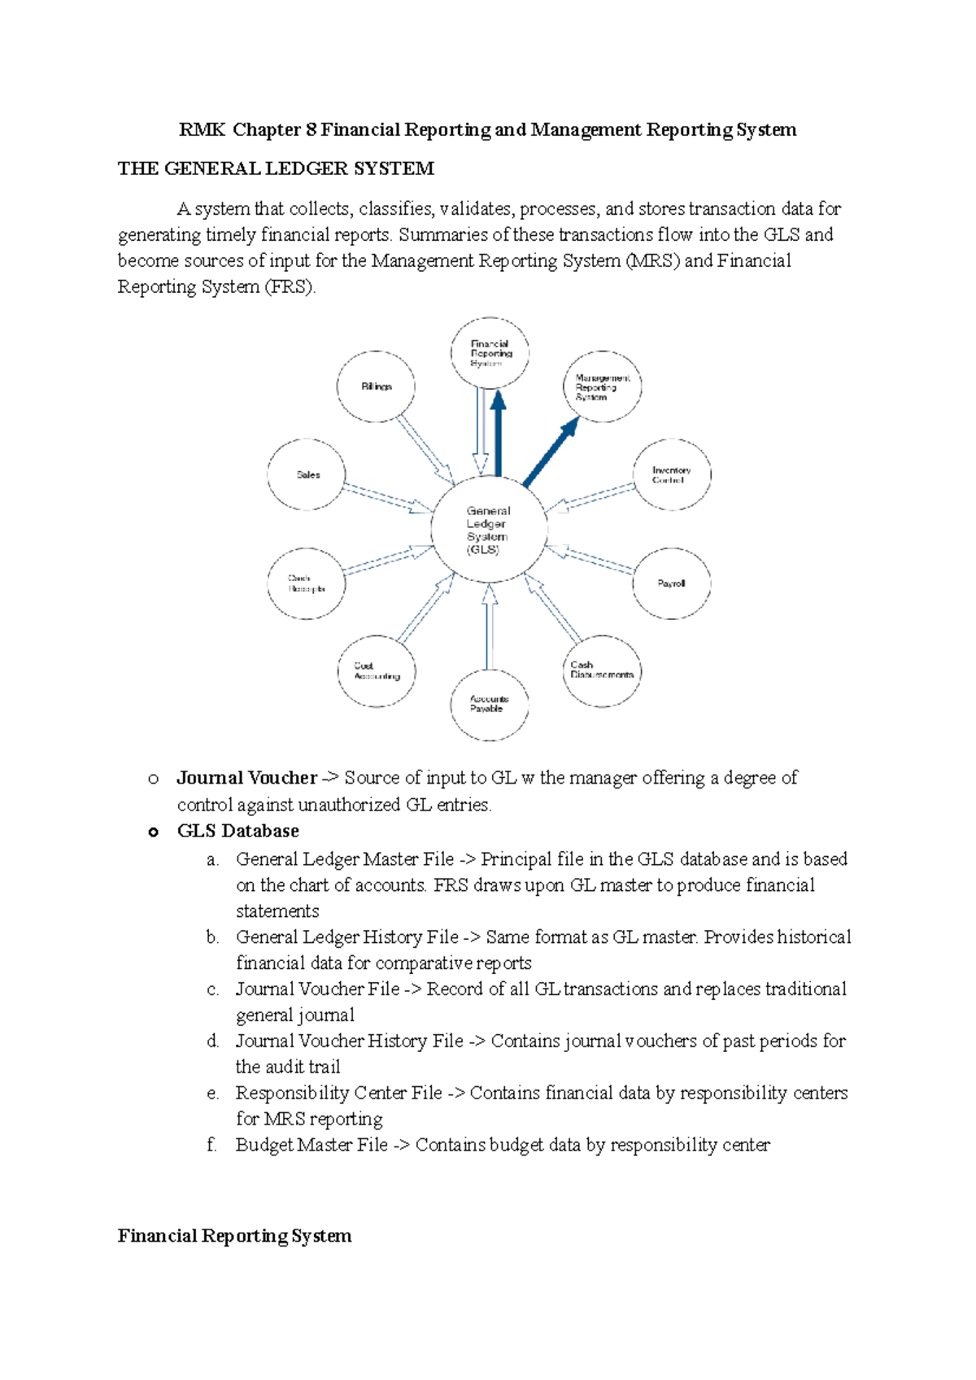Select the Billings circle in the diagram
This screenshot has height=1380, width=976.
376,386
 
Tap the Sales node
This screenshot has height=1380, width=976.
307,474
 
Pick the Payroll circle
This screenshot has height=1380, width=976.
672,583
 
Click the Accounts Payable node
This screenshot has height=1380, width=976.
489,705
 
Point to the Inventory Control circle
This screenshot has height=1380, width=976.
672,475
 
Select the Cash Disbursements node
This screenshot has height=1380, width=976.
602,670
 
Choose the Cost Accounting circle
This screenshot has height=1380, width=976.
377,671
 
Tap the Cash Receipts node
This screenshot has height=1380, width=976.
306,583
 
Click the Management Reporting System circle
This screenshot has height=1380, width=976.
603,387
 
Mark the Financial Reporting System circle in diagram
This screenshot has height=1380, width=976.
490,353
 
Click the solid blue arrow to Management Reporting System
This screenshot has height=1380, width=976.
551,452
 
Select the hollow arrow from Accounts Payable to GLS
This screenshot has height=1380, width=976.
489,627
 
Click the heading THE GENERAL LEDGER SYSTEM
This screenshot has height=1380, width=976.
276,168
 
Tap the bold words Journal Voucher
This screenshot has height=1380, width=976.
246,778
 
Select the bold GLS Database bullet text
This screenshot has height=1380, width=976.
237,831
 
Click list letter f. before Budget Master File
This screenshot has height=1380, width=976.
211,1145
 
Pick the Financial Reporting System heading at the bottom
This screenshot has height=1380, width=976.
234,1236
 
